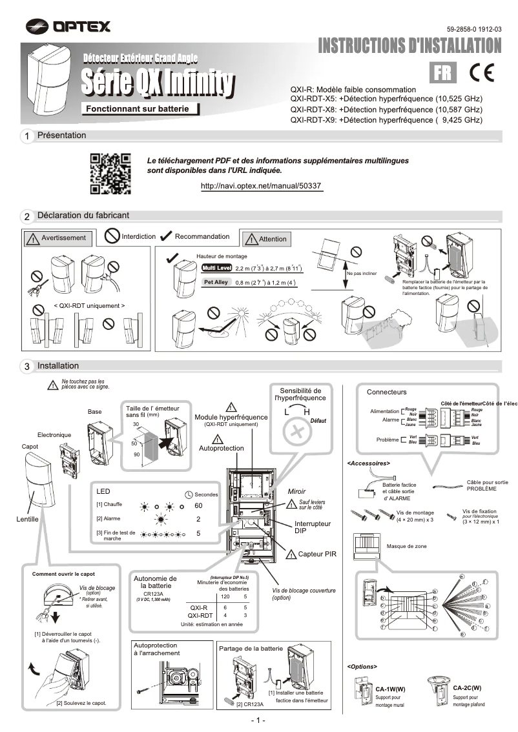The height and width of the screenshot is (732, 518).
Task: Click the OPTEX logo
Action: tap(68, 26)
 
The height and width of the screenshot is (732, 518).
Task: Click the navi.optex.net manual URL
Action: tap(261, 185)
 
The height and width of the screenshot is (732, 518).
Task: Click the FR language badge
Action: tap(444, 72)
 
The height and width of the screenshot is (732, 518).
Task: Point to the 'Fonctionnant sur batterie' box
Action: tap(138, 109)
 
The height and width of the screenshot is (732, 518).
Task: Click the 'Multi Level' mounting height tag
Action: tap(216, 268)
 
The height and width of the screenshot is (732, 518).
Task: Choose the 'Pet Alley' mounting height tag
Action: tap(216, 283)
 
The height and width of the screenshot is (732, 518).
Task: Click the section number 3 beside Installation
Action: tap(26, 366)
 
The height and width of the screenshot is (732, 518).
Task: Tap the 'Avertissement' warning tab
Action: tap(56, 238)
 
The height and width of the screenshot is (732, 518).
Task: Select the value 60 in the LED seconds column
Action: tap(199, 505)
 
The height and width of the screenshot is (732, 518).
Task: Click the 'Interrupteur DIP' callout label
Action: tap(313, 527)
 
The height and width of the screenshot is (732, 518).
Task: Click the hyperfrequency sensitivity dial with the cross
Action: tap(298, 431)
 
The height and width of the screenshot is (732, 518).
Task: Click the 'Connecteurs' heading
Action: tap(386, 392)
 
